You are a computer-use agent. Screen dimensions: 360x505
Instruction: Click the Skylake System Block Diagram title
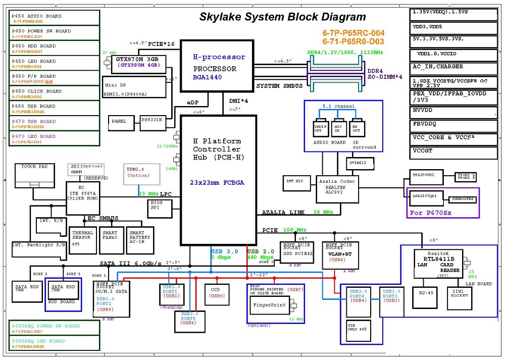tap(282, 17)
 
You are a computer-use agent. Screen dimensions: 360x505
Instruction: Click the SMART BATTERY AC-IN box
tap(140, 239)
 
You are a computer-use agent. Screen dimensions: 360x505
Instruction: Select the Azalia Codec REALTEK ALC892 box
tap(337, 188)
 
